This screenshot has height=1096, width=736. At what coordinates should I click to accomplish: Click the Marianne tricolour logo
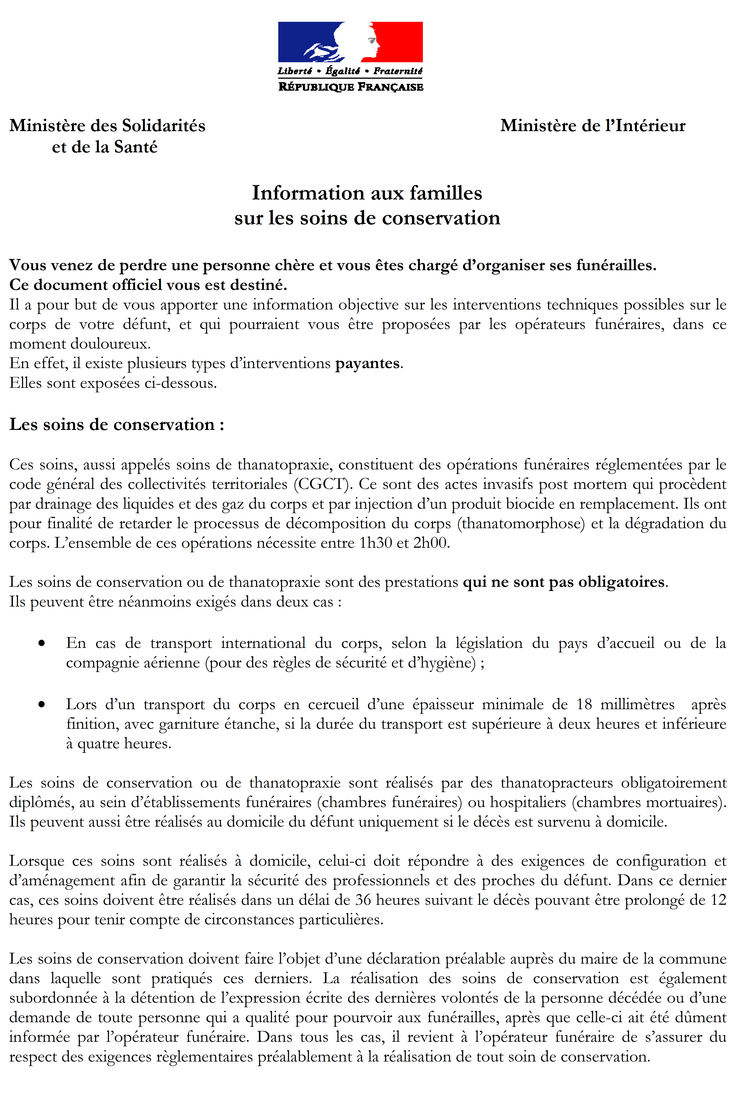[x=350, y=42]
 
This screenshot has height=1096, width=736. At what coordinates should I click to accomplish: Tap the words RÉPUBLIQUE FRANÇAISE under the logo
[x=351, y=87]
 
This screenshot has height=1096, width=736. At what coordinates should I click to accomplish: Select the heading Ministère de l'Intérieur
[x=592, y=126]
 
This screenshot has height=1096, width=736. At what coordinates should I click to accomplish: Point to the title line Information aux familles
[x=367, y=193]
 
